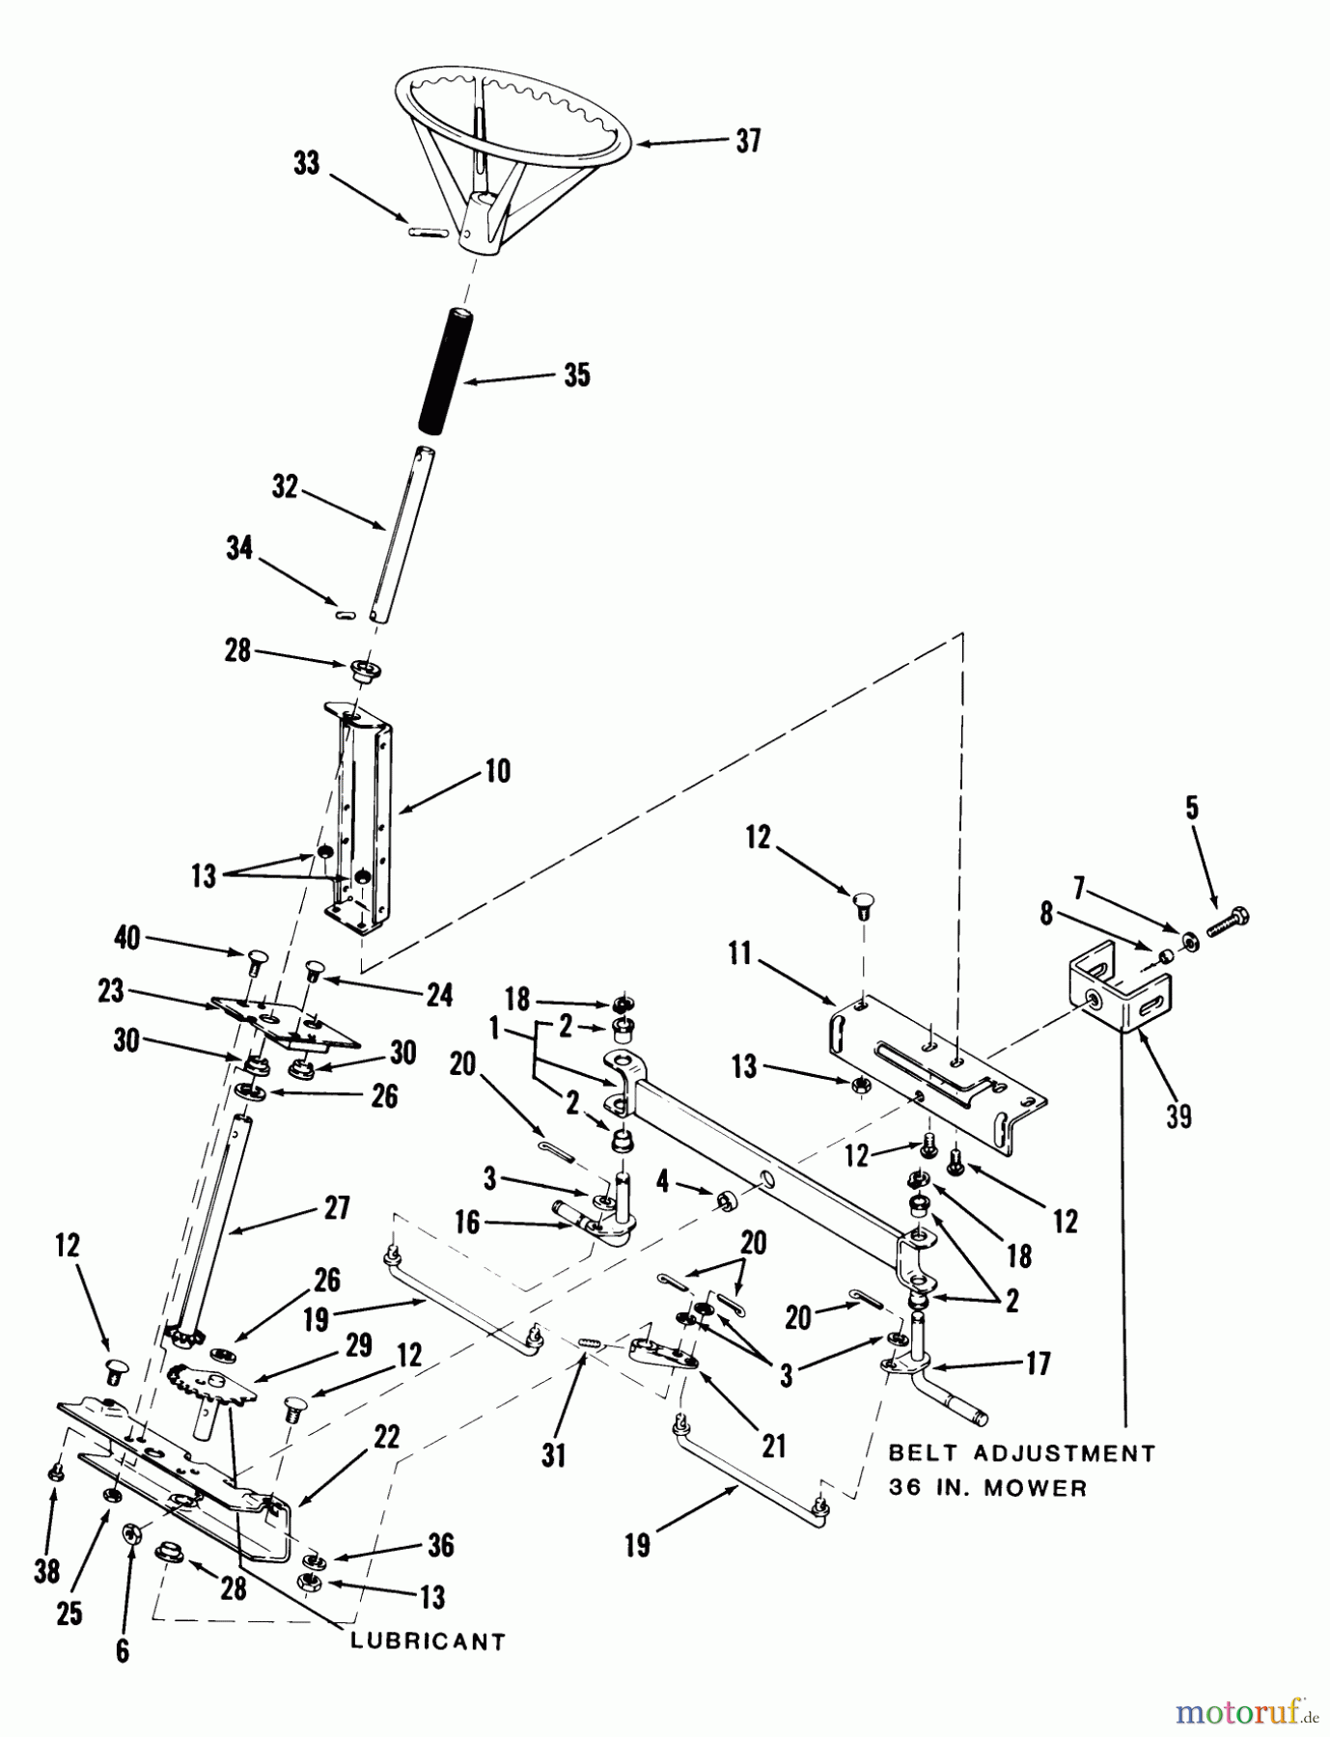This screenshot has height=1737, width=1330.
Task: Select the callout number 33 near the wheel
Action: pyautogui.click(x=306, y=163)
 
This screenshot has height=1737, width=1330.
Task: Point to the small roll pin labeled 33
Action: pyautogui.click(x=427, y=232)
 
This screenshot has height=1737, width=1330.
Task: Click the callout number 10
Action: pyautogui.click(x=497, y=771)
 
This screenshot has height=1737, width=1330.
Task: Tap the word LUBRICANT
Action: pyautogui.click(x=428, y=1641)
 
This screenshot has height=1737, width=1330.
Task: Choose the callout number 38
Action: pyautogui.click(x=46, y=1572)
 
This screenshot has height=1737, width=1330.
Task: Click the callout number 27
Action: pyautogui.click(x=337, y=1207)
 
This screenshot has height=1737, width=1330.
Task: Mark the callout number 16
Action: pyautogui.click(x=467, y=1222)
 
